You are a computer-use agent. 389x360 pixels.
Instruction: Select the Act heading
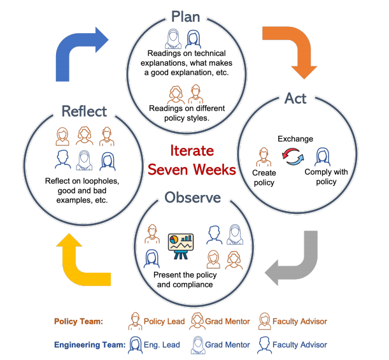click(x=295, y=99)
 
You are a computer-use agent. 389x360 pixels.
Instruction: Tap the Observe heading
click(x=193, y=198)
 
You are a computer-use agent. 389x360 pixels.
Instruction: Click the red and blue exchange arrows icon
click(x=294, y=155)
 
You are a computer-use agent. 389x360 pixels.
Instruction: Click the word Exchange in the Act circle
click(x=294, y=138)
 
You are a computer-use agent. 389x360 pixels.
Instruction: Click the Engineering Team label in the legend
click(x=88, y=345)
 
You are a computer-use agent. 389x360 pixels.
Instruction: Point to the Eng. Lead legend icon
click(x=135, y=345)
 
